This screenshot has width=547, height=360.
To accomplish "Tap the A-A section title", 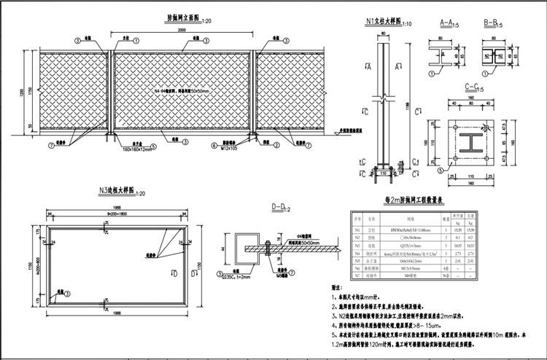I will point(448,23).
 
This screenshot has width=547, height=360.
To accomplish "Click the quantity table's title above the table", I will point(419,200).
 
